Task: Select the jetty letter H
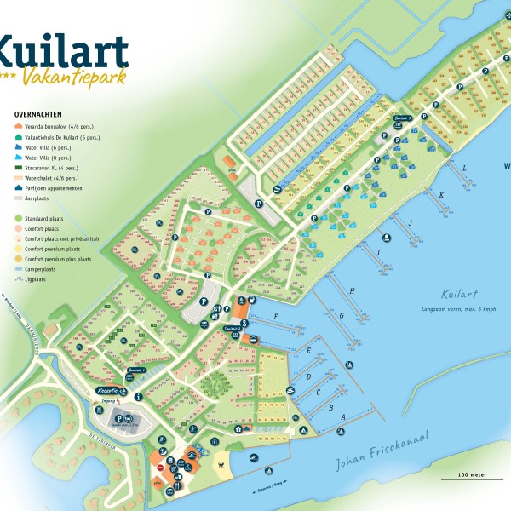(x=352, y=291)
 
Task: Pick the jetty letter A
(x=342, y=416)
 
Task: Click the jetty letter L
(x=464, y=169)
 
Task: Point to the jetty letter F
(x=276, y=317)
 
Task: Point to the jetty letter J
(x=411, y=222)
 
